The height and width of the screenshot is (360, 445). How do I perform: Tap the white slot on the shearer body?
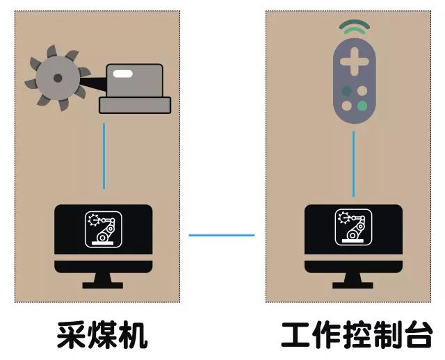tap(123, 72)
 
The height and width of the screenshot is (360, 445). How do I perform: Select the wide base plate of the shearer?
tap(135, 105)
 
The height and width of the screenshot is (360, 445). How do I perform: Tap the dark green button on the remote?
tap(346, 90)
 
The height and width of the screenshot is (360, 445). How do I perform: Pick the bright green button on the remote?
tap(362, 106)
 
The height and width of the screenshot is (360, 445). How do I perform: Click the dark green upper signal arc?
tap(354, 25)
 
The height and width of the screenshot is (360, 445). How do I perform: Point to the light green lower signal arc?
tap(354, 33)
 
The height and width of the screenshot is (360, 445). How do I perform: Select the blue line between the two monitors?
tap(221, 235)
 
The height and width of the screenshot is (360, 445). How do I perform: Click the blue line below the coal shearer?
tap(104, 156)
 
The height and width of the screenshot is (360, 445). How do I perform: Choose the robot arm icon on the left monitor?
tap(103, 229)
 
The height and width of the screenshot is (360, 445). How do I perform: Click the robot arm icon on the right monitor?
tap(353, 229)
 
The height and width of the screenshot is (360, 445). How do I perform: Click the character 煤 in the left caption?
tap(102, 335)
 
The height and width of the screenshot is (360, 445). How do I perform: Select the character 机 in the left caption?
tap(133, 335)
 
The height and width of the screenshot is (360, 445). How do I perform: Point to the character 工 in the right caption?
tap(296, 335)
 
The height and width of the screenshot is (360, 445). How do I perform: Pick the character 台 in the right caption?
tap(418, 335)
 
